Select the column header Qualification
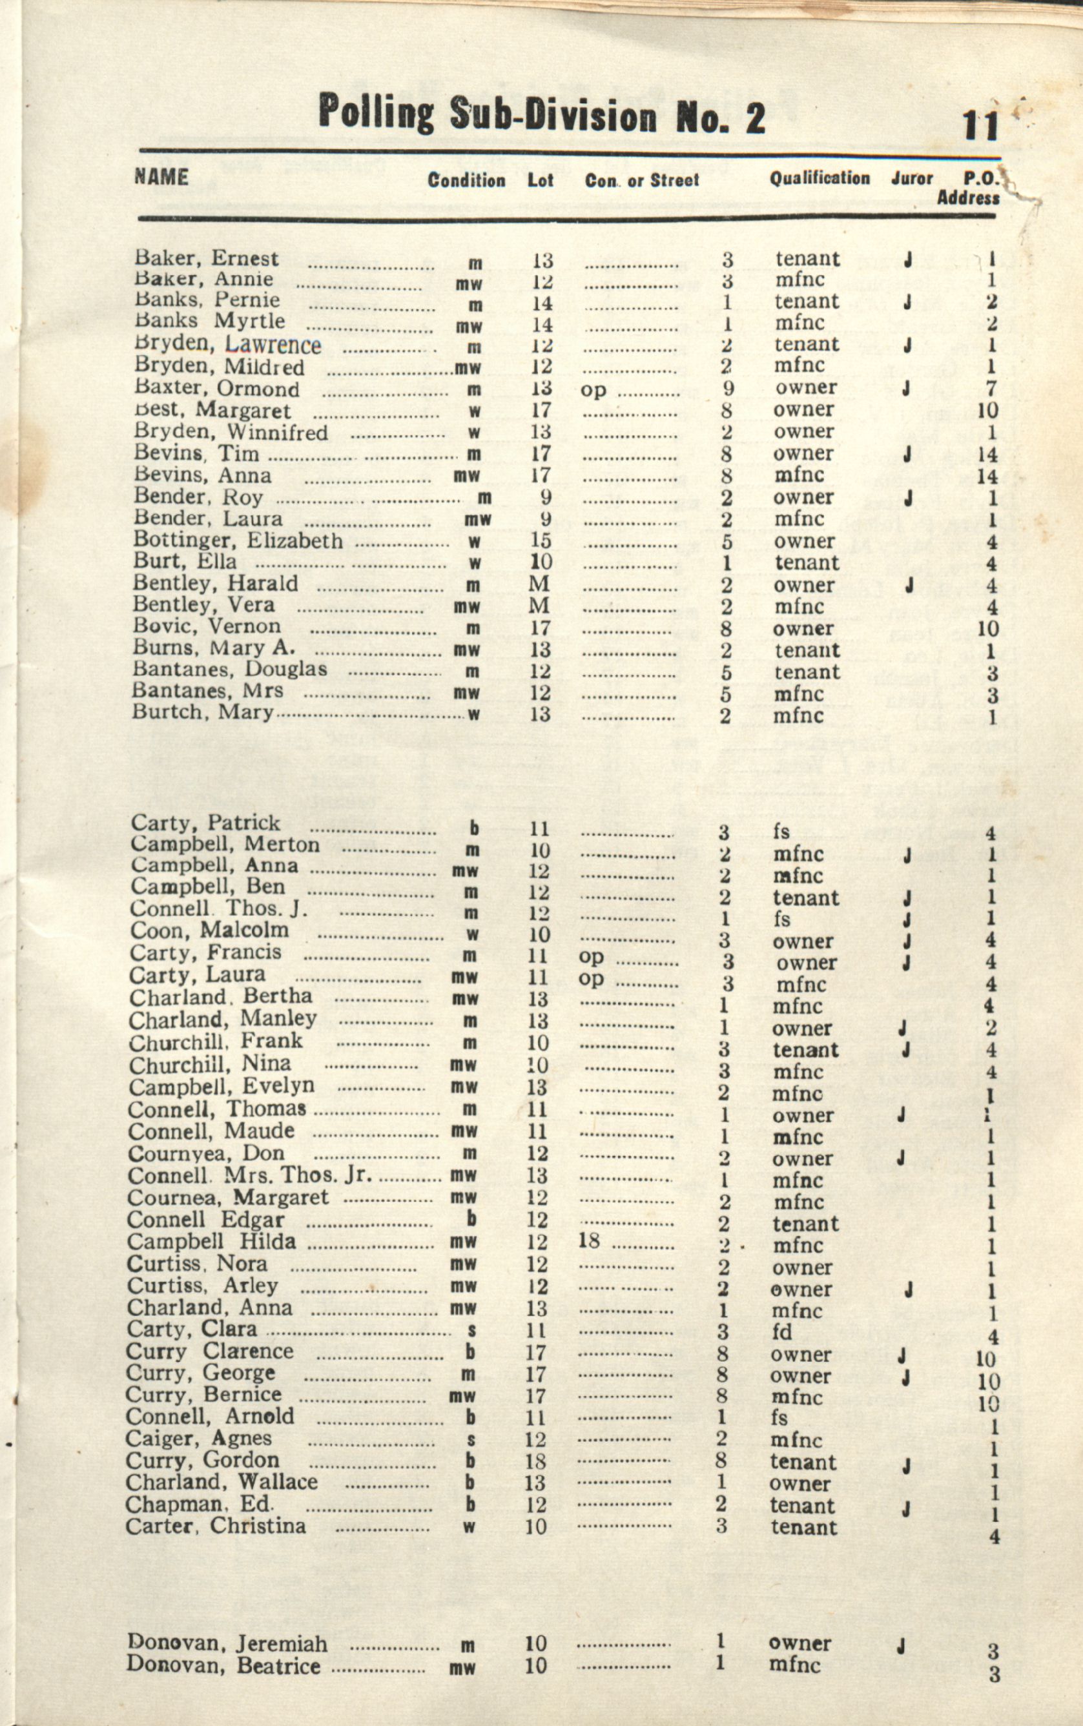(x=820, y=178)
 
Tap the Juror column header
(x=912, y=178)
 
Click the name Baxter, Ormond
(x=217, y=389)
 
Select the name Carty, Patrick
(x=205, y=823)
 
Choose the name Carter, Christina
(x=216, y=1526)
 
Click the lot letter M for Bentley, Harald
(x=539, y=584)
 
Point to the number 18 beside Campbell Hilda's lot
(x=589, y=1240)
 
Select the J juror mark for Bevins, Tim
(x=907, y=453)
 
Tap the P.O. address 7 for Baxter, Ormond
(x=991, y=389)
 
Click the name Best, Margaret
(x=212, y=411)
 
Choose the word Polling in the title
(x=376, y=114)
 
